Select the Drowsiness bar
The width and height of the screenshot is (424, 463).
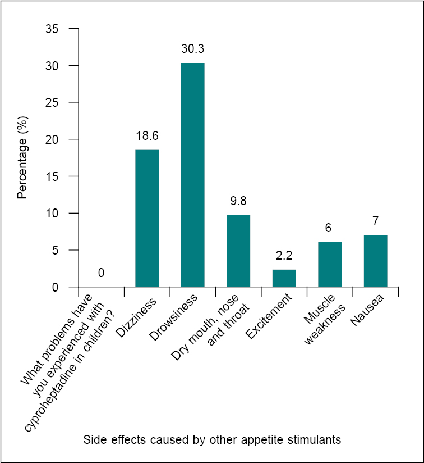192,175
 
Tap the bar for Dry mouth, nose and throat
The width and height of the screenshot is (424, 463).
238,251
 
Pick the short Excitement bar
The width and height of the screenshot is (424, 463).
284,278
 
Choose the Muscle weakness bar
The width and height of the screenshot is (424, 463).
330,264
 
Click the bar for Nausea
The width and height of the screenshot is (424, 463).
375,261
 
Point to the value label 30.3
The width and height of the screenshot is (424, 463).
192,49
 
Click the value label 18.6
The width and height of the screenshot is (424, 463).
147,135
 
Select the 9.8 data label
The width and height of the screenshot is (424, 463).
238,201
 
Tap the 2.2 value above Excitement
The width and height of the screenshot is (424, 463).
284,256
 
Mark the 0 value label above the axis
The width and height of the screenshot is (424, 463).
101,273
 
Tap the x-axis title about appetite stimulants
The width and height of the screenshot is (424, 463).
212,440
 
